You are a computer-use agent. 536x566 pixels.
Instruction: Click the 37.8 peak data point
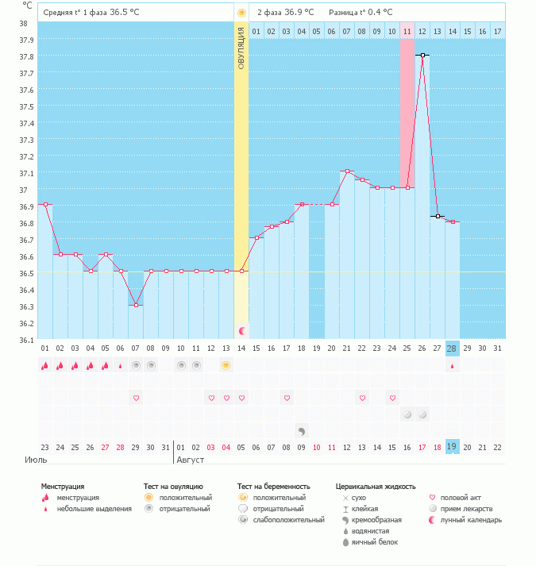(x=422, y=56)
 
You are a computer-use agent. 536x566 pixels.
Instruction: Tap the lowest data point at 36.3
(x=136, y=305)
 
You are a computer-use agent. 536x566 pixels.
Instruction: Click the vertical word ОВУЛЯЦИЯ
(x=241, y=48)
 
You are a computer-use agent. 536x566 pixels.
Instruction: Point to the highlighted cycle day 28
(x=452, y=348)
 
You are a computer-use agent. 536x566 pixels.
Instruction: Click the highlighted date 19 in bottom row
(x=452, y=447)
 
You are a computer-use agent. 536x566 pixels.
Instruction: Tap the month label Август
(x=191, y=460)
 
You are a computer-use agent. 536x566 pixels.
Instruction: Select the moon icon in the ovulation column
(x=241, y=329)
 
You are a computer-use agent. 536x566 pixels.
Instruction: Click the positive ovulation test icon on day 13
(x=226, y=365)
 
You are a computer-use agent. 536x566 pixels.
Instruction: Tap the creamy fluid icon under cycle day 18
(x=302, y=431)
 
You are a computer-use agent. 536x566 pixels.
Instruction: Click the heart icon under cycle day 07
(x=136, y=398)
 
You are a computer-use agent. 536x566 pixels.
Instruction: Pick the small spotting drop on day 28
(x=452, y=366)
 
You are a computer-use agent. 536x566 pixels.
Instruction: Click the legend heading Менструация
(x=63, y=486)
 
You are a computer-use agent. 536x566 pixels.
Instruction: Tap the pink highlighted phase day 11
(x=407, y=31)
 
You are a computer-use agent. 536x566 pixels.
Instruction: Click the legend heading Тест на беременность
(x=273, y=486)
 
